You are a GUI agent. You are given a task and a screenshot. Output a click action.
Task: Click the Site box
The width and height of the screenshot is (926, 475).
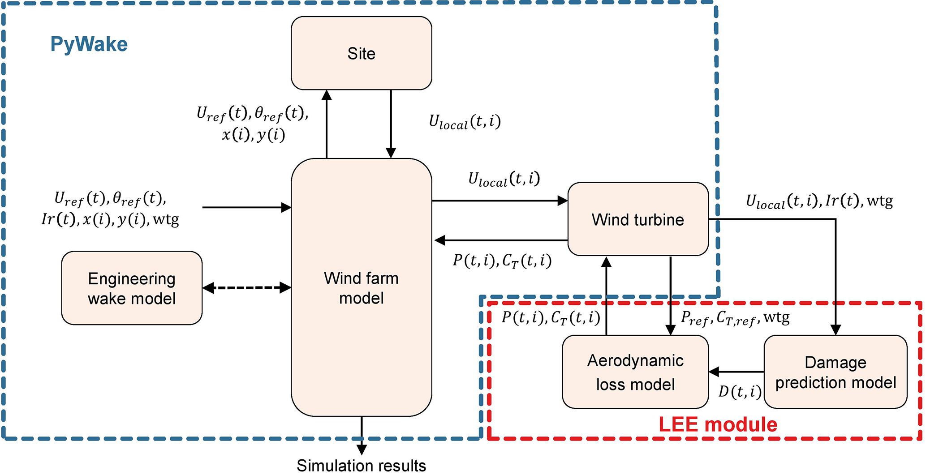point(361,53)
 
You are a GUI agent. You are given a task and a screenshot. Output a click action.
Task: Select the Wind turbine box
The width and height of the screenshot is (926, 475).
point(637,219)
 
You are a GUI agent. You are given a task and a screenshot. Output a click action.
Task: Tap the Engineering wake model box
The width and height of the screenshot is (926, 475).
point(132,288)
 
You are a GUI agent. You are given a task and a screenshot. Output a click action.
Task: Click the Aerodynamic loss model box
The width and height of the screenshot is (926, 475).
point(635,372)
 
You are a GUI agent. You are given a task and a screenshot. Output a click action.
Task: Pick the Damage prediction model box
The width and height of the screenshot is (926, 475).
point(835,372)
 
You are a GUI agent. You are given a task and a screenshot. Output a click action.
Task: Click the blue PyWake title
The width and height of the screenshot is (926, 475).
point(89,44)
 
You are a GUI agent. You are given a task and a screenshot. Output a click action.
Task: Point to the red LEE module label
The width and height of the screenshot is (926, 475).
point(718,424)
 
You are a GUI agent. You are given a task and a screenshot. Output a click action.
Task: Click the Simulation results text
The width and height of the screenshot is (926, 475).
point(361,466)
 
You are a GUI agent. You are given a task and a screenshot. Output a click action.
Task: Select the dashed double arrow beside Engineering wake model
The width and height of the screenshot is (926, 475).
point(247,288)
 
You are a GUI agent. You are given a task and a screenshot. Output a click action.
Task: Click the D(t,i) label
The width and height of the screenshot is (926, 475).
point(740,392)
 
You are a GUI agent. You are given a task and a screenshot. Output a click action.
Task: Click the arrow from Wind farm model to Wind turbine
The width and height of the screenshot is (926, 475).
point(500,201)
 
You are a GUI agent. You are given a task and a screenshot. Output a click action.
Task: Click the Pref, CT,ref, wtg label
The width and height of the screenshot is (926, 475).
point(735,318)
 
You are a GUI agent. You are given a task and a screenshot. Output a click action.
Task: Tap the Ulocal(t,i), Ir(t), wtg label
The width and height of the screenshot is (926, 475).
point(819,201)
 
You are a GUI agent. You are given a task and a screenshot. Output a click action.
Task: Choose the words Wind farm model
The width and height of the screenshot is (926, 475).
point(361,288)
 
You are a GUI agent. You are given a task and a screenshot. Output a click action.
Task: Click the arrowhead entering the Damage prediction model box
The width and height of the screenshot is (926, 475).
point(836,330)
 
